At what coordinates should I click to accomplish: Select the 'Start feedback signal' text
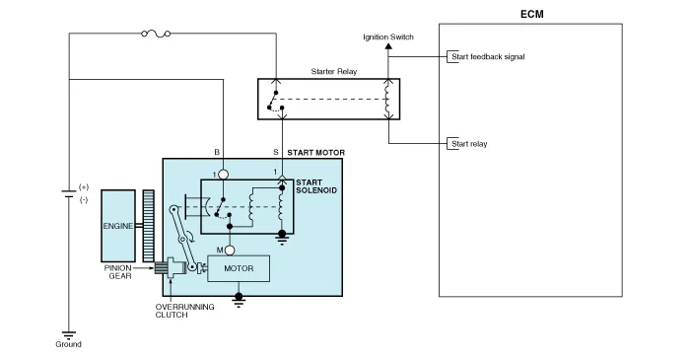[488, 57]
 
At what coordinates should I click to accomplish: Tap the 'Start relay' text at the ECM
[469, 144]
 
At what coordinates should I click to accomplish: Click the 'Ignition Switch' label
[389, 37]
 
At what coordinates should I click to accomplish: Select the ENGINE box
[118, 225]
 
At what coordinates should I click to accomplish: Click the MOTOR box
[240, 267]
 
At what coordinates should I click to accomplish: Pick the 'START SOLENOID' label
[315, 185]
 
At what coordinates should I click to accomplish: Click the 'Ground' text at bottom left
[69, 344]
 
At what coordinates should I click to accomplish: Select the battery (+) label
[83, 186]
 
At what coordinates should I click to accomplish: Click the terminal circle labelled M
[229, 250]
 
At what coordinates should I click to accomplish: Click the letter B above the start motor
[217, 152]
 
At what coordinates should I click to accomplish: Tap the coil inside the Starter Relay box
[387, 99]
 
